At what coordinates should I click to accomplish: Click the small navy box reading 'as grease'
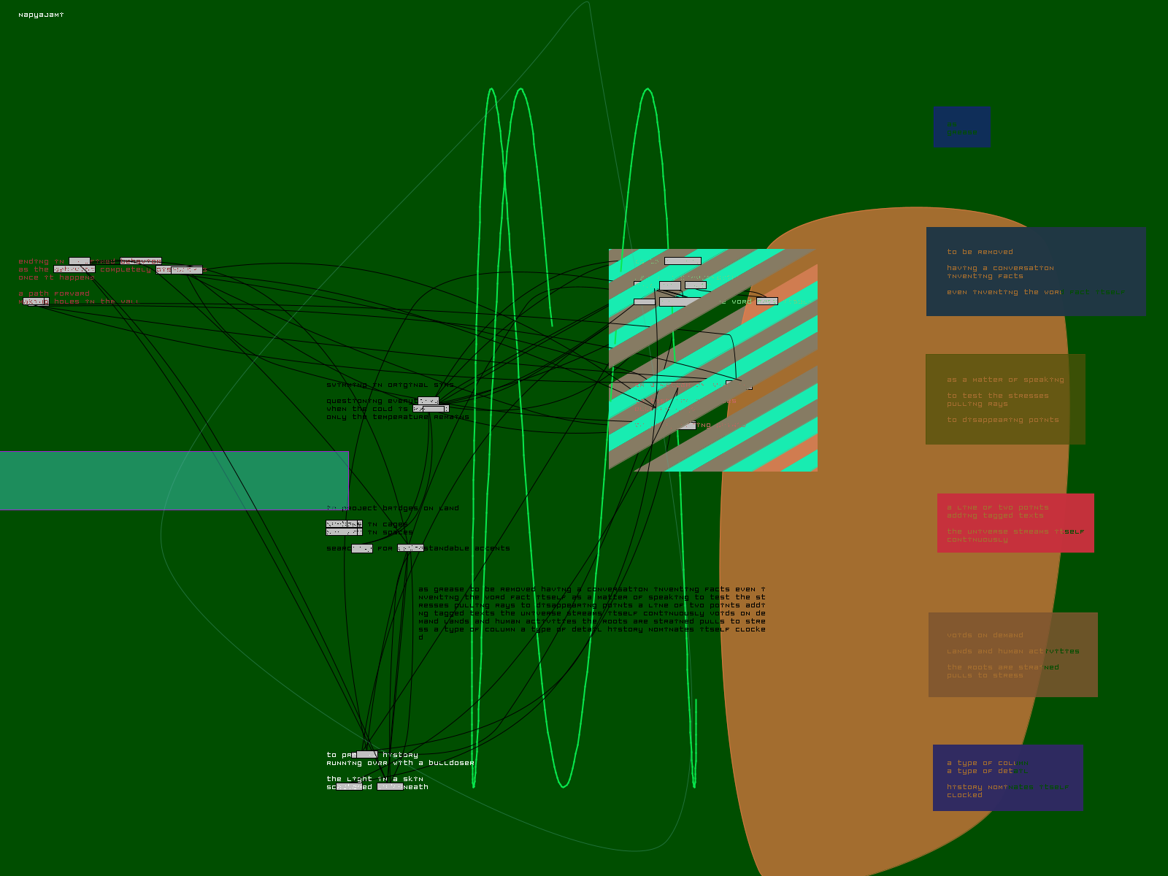962,126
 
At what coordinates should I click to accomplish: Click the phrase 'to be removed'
980,252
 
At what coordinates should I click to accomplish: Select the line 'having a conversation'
1000,268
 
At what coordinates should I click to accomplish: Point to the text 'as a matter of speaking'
1005,380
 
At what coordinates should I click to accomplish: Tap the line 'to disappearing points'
1002,420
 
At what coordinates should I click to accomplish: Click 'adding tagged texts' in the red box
995,515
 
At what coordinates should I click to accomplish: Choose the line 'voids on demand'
985,635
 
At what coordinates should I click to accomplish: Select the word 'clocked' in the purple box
964,795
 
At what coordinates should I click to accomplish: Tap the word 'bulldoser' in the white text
451,763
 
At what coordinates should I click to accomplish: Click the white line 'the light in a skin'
374,779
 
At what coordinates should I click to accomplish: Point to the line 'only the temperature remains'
398,417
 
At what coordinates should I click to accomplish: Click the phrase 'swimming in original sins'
390,385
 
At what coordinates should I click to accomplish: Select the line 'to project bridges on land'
393,508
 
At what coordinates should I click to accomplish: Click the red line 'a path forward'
54,293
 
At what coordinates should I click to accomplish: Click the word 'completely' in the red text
126,269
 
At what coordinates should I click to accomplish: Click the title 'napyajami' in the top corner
41,15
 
